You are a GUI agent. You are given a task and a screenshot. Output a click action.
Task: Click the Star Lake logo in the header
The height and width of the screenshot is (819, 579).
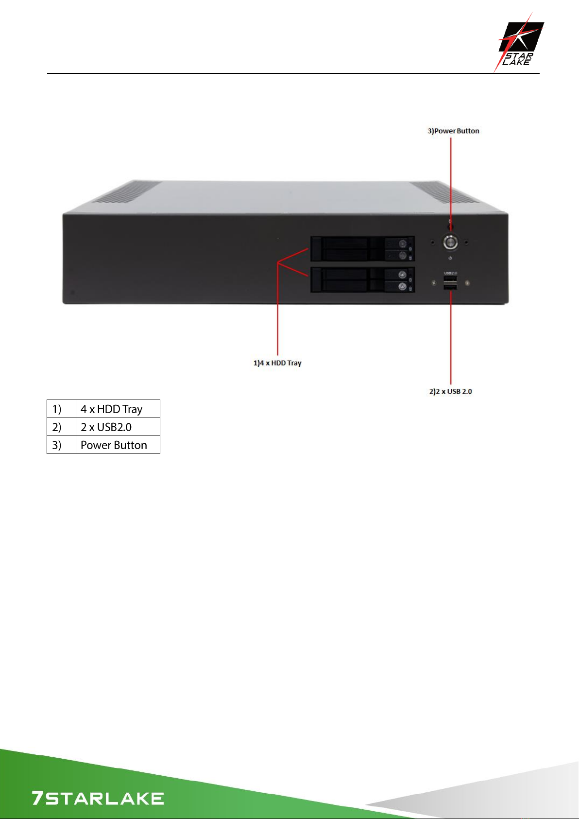(x=519, y=42)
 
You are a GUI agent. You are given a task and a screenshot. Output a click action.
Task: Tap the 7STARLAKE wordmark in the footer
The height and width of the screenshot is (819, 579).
(x=98, y=798)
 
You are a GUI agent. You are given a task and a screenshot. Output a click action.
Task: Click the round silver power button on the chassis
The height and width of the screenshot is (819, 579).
(x=450, y=243)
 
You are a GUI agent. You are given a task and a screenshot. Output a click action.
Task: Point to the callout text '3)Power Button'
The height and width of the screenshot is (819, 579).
(x=453, y=131)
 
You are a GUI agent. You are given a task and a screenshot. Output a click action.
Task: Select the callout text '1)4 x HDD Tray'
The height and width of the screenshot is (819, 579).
(x=278, y=363)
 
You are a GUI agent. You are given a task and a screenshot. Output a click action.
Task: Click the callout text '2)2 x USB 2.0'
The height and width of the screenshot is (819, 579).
(x=451, y=392)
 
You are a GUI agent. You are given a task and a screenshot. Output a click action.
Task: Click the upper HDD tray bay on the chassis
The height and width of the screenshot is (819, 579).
(x=362, y=249)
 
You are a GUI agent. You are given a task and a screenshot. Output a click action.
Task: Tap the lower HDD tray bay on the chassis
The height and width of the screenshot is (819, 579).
(x=362, y=279)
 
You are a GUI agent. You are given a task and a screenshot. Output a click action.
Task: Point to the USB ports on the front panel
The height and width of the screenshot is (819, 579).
(x=450, y=283)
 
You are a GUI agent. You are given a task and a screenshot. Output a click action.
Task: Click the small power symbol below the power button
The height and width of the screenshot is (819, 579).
(x=450, y=258)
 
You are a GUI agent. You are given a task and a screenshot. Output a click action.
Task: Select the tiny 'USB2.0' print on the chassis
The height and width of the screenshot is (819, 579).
(x=450, y=273)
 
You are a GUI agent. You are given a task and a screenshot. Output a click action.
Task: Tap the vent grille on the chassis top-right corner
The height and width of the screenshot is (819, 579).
(x=443, y=192)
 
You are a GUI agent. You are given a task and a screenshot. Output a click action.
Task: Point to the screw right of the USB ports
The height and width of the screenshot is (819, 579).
(x=468, y=282)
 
